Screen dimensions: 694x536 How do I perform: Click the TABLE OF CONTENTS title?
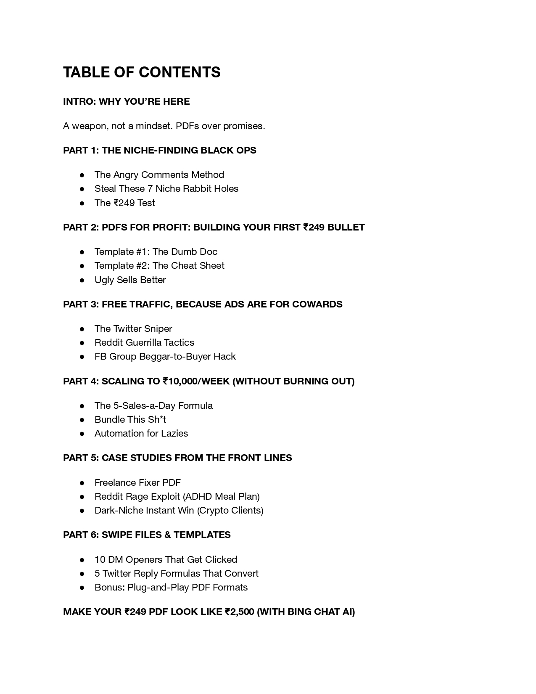(142, 72)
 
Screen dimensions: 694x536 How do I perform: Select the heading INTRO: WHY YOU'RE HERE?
(126, 102)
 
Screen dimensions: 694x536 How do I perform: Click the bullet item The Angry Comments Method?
(159, 175)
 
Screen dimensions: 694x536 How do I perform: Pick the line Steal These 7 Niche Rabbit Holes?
(166, 188)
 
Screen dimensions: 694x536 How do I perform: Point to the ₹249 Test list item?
(124, 203)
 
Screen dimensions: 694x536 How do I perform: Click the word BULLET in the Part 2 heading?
(346, 227)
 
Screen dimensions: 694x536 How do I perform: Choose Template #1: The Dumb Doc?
(156, 252)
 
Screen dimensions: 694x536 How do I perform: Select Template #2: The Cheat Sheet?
(159, 265)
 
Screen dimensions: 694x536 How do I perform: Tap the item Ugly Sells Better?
(130, 280)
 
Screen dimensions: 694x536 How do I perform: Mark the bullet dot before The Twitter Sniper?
(82, 328)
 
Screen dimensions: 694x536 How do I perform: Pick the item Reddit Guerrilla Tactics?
(144, 342)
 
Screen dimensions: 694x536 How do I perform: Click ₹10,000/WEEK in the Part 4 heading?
(196, 381)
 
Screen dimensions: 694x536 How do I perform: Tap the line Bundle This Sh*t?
(130, 419)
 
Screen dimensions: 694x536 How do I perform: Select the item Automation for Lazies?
(141, 433)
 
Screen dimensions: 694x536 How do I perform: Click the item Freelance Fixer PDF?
(137, 482)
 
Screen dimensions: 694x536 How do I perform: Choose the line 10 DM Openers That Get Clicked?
(166, 559)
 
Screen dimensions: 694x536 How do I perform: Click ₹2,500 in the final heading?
(240, 612)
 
